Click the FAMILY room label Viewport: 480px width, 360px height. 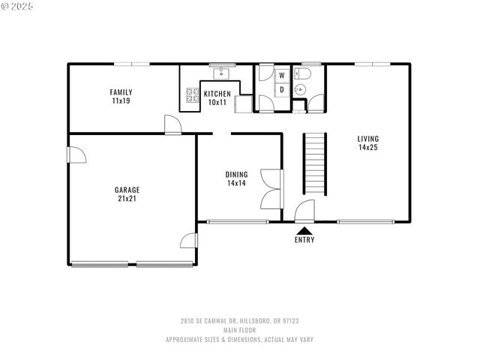[121, 91]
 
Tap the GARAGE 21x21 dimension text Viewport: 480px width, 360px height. [127, 199]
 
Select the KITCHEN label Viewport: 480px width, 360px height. [217, 94]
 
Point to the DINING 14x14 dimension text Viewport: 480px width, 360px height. [236, 183]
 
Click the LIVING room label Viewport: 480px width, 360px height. [367, 139]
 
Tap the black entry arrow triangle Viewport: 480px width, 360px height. [304, 231]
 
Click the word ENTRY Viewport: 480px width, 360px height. [304, 240]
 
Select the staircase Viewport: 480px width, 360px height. [316, 163]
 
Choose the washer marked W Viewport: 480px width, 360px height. [282, 76]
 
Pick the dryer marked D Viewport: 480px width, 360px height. [282, 90]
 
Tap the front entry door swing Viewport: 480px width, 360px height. [304, 211]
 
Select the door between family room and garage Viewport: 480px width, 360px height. [173, 125]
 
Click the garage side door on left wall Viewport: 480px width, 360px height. [76, 154]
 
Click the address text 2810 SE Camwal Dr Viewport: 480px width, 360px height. [239, 321]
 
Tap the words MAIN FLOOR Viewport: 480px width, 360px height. [239, 330]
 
